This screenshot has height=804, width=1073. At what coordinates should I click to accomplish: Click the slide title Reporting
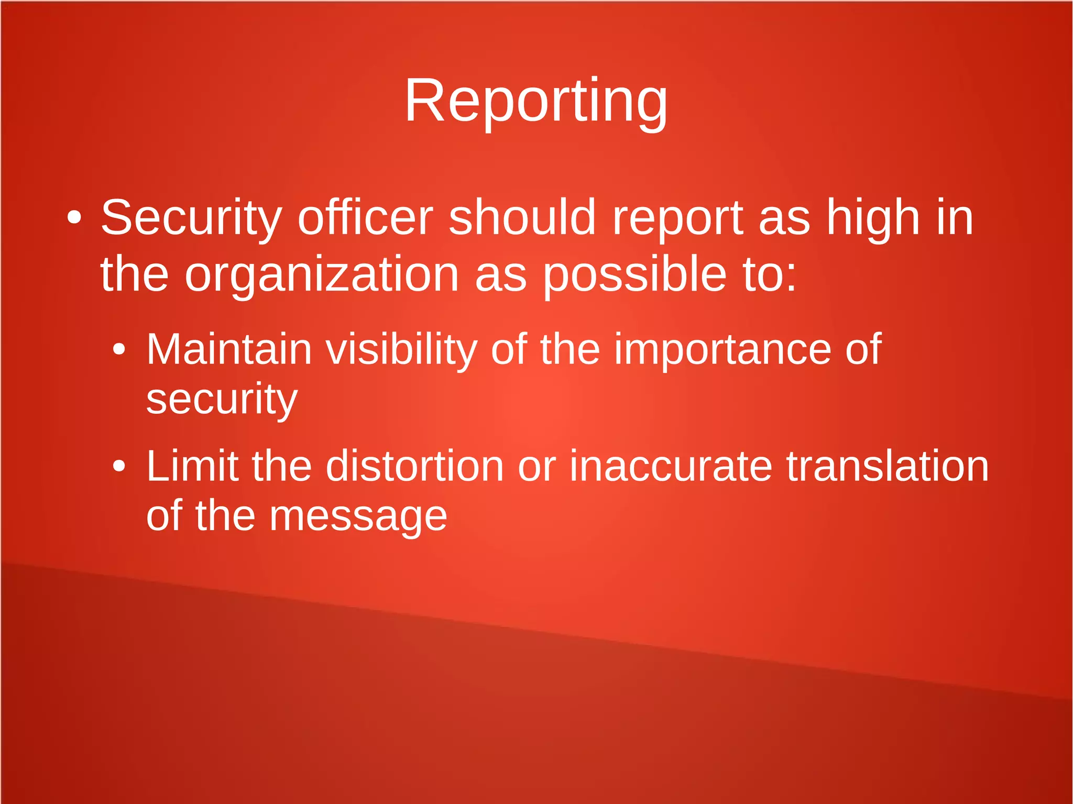pos(536,101)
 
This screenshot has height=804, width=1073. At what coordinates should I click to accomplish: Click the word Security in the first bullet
pos(191,218)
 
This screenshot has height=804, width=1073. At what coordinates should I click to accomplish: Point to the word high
pos(873,218)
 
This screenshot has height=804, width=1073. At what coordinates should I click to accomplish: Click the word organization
pos(322,274)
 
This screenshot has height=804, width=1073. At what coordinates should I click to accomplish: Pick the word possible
pos(634,274)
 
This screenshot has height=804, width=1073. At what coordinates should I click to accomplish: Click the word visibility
pos(401,350)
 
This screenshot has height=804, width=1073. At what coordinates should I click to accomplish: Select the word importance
pos(722,350)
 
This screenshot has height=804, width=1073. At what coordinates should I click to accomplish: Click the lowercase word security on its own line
pos(222,399)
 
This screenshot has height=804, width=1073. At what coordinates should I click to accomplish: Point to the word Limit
pos(192,466)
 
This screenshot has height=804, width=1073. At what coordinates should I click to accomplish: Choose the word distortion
pos(414,466)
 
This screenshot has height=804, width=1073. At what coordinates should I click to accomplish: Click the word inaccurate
pos(671,466)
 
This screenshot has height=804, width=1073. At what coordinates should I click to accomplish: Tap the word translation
pos(888,466)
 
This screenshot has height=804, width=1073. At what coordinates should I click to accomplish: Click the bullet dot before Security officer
pos(74,218)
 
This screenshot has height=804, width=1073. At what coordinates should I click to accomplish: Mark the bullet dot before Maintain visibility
pos(119,349)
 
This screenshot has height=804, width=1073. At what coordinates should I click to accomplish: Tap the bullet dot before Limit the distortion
pos(119,466)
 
